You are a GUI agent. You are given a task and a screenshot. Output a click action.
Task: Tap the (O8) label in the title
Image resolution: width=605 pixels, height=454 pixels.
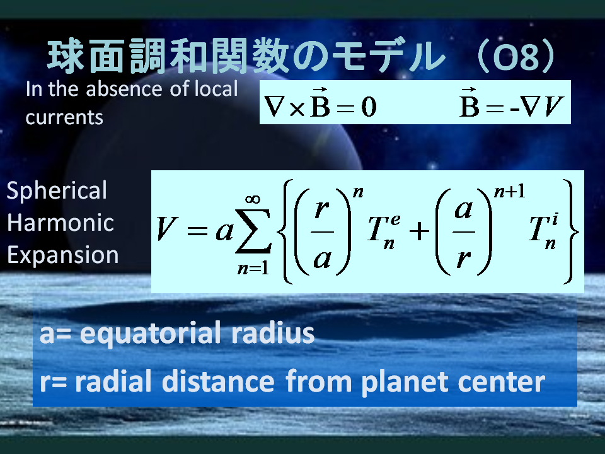tap(517, 56)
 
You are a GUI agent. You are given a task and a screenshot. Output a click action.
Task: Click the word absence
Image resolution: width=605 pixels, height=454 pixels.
tap(125, 89)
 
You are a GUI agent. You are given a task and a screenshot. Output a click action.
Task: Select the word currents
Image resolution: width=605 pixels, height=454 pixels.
tap(64, 117)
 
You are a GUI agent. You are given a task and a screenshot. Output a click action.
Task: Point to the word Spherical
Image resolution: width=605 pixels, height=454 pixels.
tap(57, 191)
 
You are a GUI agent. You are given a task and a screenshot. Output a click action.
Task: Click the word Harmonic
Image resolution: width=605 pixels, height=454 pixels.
tap(60, 223)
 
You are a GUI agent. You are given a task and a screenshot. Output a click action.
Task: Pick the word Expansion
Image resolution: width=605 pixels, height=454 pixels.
tap(63, 255)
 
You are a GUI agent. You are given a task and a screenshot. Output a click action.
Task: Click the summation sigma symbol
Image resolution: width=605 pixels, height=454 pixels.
tap(253, 231)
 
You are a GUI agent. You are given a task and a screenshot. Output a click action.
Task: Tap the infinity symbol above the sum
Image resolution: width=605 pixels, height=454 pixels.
tap(253, 199)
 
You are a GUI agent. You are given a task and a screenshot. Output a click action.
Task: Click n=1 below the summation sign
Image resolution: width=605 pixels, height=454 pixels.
tap(253, 269)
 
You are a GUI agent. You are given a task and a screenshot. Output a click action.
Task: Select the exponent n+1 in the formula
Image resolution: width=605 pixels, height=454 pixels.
tap(510, 191)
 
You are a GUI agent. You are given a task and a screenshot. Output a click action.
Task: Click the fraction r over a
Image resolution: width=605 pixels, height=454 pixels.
tap(323, 232)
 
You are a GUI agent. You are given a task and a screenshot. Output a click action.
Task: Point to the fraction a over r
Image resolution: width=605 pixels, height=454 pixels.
tap(463, 232)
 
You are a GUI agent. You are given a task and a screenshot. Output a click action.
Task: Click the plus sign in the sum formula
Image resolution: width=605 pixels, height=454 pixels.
tap(419, 231)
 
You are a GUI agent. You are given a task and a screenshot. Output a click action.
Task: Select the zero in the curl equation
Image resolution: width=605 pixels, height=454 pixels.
tap(369, 107)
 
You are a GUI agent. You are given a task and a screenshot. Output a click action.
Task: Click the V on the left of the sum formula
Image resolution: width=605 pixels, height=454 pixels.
tap(166, 228)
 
